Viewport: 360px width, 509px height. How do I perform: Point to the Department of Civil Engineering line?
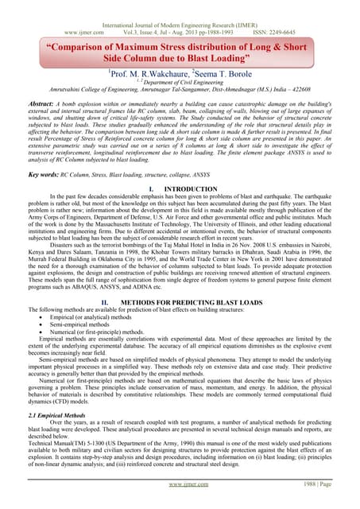(x=182, y=84)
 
